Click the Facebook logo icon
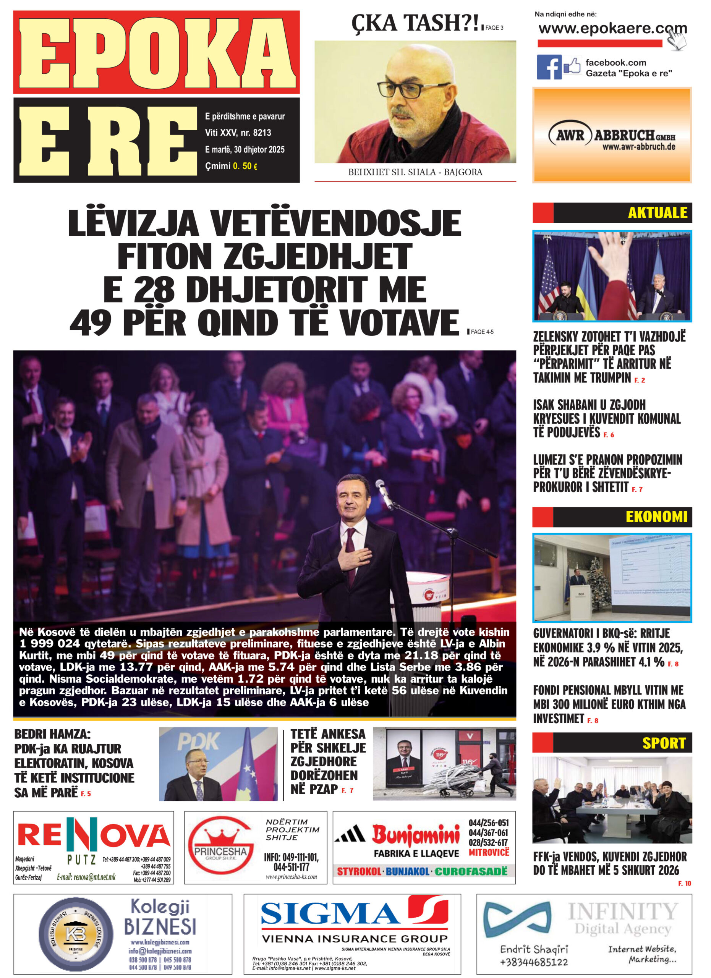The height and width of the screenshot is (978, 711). (549, 67)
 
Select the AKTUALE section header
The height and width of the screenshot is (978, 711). (657, 212)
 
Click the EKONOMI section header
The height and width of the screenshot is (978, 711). (656, 517)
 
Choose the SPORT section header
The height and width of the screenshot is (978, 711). (663, 743)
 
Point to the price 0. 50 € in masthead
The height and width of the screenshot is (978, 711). (245, 166)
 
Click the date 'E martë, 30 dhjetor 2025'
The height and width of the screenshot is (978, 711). (245, 150)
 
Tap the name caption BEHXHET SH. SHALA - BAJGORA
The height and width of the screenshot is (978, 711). (415, 172)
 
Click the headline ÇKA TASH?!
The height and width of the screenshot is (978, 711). (416, 23)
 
